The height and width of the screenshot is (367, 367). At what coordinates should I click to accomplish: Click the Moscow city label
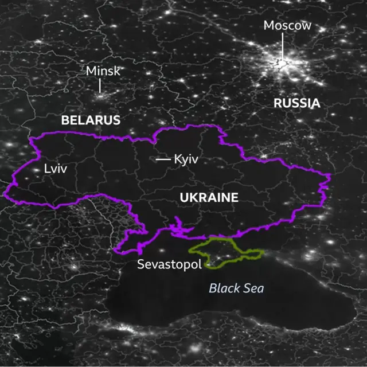[287, 25]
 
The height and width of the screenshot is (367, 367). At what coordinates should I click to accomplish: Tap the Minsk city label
[103, 71]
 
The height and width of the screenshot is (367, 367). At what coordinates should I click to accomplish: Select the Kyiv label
[186, 159]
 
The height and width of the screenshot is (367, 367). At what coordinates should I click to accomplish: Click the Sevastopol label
[169, 264]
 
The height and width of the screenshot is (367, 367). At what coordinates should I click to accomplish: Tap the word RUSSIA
[296, 103]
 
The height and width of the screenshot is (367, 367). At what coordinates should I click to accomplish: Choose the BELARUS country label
[91, 120]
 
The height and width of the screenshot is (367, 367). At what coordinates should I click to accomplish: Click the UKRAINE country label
[209, 198]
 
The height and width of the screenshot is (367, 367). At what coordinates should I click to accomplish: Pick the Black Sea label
[236, 288]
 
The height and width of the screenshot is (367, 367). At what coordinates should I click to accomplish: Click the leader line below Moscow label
[282, 46]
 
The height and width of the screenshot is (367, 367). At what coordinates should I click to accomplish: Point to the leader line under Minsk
[100, 85]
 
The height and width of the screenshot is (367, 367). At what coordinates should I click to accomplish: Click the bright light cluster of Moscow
[283, 62]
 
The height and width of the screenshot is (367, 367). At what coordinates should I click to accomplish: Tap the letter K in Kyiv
[177, 159]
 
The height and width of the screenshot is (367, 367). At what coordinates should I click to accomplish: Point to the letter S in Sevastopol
[140, 264]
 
